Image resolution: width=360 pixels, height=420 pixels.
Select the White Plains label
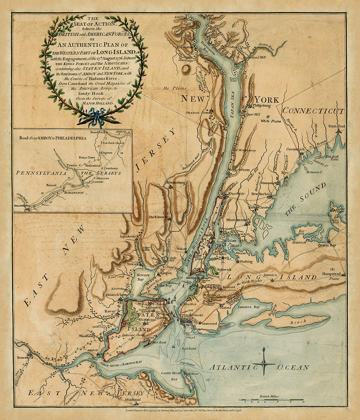point(270,121)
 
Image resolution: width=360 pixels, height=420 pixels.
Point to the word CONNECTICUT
point(313,111)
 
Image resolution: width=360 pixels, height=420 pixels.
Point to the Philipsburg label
point(262,106)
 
